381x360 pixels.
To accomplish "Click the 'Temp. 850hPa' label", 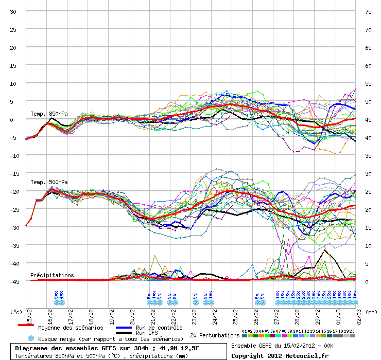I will pyautogui.click(x=49, y=114).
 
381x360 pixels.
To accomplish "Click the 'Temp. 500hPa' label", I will pyautogui.click(x=49, y=182).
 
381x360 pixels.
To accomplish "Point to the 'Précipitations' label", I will pyautogui.click(x=52, y=275).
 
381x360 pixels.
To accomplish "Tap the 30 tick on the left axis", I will pyautogui.click(x=13, y=11).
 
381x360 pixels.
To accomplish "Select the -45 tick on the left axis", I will pyautogui.click(x=13, y=281).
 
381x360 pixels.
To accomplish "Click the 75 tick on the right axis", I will pyautogui.click(x=368, y=11).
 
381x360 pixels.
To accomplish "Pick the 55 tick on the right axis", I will pyautogui.click(x=368, y=83).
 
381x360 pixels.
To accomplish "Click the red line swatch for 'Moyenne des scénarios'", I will pyautogui.click(x=26, y=326).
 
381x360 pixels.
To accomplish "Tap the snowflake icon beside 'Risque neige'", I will pyautogui.click(x=31, y=338).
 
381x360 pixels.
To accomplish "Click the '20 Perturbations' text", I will pyautogui.click(x=215, y=335).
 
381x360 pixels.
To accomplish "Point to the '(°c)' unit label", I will pyautogui.click(x=17, y=312).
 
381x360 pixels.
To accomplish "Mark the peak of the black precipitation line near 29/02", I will pyautogui.click(x=324, y=250).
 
